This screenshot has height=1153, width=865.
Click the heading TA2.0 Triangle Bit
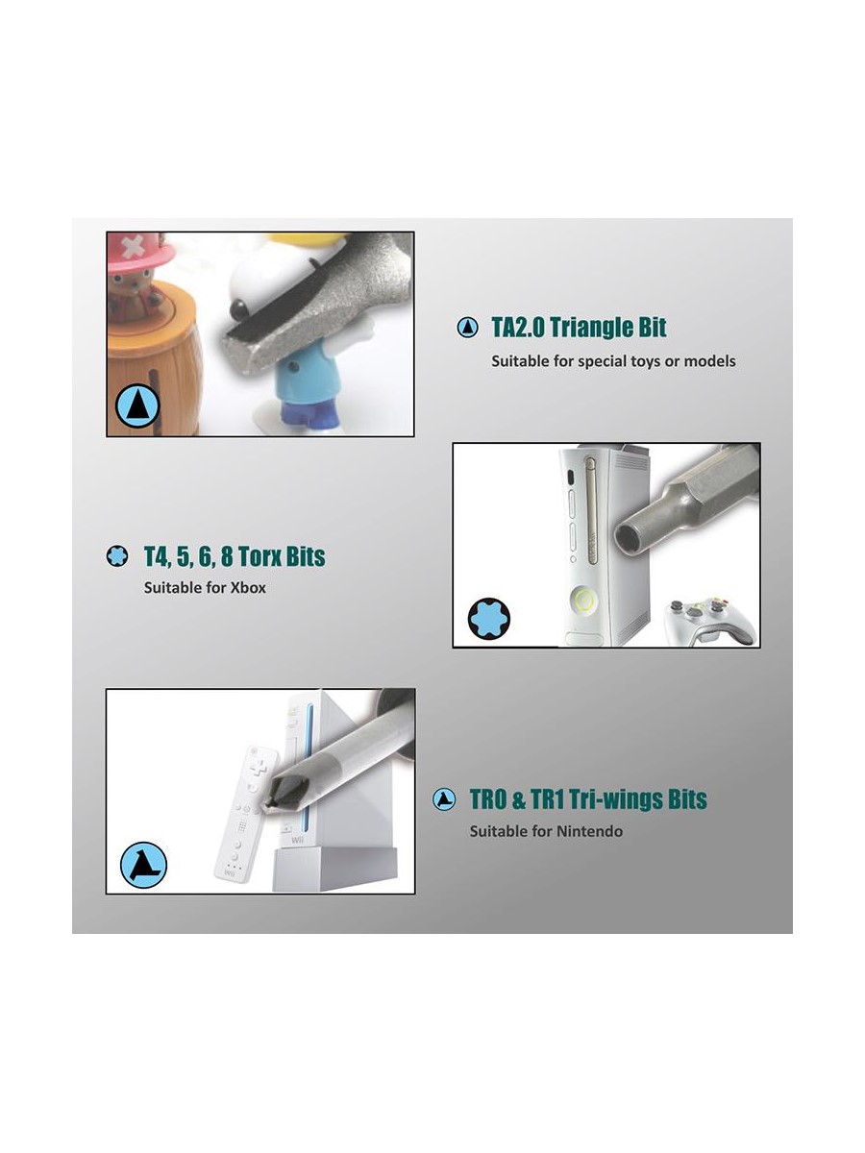click(x=579, y=328)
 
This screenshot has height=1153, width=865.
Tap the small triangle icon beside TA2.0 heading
click(x=467, y=328)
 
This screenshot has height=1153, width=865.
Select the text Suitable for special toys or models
click(x=613, y=361)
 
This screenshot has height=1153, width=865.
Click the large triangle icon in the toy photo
click(x=137, y=405)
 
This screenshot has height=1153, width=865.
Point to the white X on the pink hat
click(x=133, y=246)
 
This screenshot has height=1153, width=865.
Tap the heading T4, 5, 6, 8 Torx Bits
click(x=235, y=556)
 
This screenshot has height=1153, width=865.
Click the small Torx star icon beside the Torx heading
click(x=116, y=555)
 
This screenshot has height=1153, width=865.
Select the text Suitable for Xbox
click(x=205, y=587)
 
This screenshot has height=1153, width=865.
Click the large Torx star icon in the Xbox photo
click(x=488, y=618)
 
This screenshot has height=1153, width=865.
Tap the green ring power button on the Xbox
click(x=583, y=600)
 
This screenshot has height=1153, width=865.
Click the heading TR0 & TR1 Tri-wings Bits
click(x=587, y=799)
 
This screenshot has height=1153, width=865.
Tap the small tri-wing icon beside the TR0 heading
click(x=444, y=799)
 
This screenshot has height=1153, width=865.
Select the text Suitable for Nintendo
click(x=546, y=831)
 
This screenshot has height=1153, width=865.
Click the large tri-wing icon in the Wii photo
click(x=143, y=865)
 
